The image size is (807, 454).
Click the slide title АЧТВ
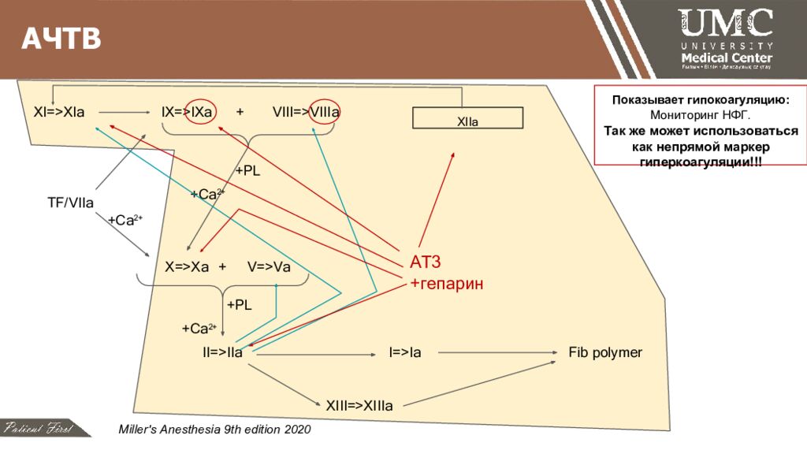pyautogui.click(x=61, y=39)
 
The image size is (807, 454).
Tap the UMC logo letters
pyautogui.click(x=725, y=24)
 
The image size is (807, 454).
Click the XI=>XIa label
pyautogui.click(x=59, y=113)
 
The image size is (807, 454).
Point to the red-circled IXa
pyautogui.click(x=202, y=113)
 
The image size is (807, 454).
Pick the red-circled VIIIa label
pyautogui.click(x=325, y=113)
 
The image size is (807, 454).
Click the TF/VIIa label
pyautogui.click(x=70, y=203)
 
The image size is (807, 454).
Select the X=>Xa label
pyautogui.click(x=186, y=267)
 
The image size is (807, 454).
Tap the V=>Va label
pyautogui.click(x=269, y=267)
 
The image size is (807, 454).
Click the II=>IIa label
pyautogui.click(x=222, y=352)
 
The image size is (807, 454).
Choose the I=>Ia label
pyautogui.click(x=405, y=352)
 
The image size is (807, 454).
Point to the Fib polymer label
pyautogui.click(x=605, y=352)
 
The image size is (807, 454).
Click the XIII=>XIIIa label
pyautogui.click(x=359, y=406)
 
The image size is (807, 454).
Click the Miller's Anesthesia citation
pyautogui.click(x=214, y=430)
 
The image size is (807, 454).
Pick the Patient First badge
pyautogui.click(x=38, y=429)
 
